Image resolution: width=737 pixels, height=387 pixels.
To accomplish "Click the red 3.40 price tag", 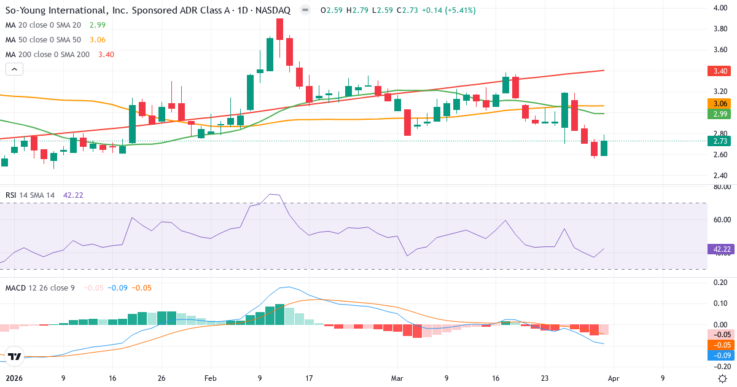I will pyautogui.click(x=720, y=71).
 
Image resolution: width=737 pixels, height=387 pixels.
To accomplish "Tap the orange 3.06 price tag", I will pyautogui.click(x=720, y=104).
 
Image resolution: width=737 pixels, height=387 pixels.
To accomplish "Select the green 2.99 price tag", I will pyautogui.click(x=720, y=114).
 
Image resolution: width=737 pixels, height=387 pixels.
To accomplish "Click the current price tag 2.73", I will pyautogui.click(x=720, y=141).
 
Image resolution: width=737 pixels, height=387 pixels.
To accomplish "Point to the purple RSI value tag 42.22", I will pyautogui.click(x=720, y=249).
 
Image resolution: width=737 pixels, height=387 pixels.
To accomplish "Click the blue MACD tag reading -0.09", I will pyautogui.click(x=720, y=355).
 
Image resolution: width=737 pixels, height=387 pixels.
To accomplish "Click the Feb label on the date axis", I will pyautogui.click(x=211, y=378).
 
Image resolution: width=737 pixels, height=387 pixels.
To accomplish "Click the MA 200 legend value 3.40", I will pyautogui.click(x=106, y=54).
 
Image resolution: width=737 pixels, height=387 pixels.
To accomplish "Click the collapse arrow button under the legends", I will pyautogui.click(x=14, y=69).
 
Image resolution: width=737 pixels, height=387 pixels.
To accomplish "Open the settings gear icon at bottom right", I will pyautogui.click(x=723, y=378).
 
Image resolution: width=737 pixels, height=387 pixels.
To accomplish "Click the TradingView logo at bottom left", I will pyautogui.click(x=15, y=356).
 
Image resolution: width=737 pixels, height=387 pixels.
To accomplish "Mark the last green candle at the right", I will pyautogui.click(x=604, y=148).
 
